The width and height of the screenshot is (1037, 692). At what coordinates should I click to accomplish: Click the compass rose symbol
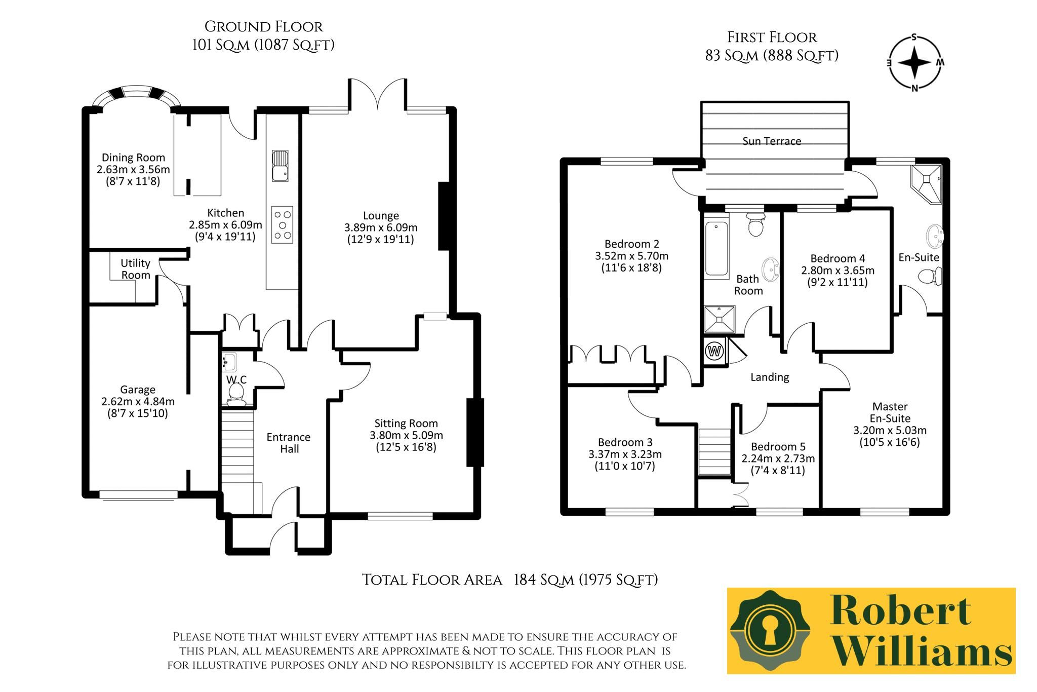click(x=914, y=63)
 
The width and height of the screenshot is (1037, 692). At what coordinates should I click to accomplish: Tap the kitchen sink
click(x=280, y=166)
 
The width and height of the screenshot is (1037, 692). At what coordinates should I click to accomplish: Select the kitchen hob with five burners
click(x=283, y=224)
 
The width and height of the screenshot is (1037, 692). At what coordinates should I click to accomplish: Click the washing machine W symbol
click(x=715, y=351)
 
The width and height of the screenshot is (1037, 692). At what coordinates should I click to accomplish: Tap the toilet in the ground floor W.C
click(x=235, y=394)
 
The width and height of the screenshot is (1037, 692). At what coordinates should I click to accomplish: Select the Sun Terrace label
click(x=772, y=141)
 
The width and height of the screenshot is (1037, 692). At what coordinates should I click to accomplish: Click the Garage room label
click(x=138, y=390)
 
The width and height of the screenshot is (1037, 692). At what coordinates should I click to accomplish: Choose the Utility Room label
click(x=135, y=269)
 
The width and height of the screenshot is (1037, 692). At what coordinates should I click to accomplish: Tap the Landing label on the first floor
click(x=770, y=377)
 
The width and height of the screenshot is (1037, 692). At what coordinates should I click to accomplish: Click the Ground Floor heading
click(x=263, y=26)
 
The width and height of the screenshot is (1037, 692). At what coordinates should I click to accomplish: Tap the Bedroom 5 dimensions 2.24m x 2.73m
click(x=778, y=458)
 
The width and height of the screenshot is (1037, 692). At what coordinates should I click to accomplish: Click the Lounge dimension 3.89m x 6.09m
click(x=381, y=227)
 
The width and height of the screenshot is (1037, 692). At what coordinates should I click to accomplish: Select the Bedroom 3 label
click(x=625, y=442)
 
